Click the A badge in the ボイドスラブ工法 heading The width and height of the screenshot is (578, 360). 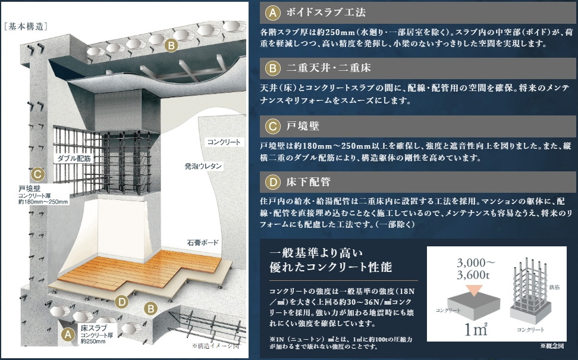272,12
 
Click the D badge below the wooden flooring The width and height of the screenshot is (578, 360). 122,302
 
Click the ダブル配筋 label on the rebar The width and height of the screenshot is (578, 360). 74,159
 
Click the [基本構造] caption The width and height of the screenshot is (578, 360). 26,26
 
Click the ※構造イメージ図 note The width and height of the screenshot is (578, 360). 215,345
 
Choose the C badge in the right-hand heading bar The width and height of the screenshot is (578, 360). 272,126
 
